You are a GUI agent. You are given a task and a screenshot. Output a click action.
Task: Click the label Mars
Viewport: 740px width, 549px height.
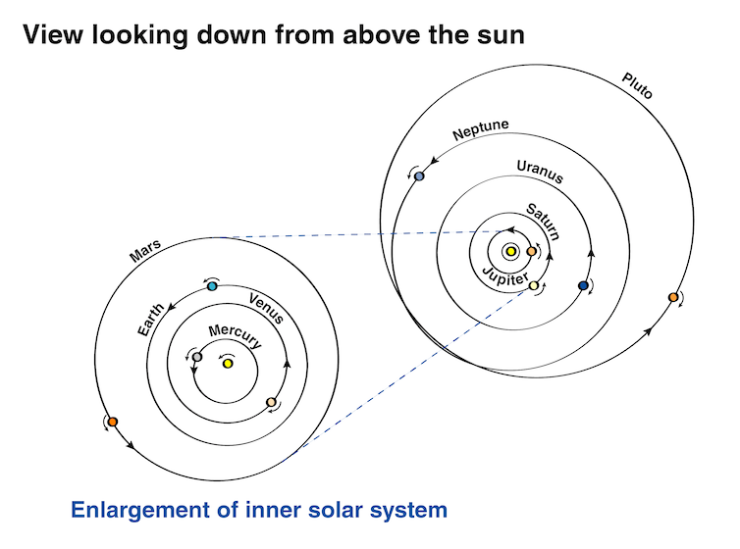point(144,252)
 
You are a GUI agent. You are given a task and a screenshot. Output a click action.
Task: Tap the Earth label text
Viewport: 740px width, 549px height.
point(150,321)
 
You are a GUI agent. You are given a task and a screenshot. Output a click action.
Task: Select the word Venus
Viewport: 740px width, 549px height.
point(266,309)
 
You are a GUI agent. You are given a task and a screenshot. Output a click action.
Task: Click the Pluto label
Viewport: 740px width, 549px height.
point(637,85)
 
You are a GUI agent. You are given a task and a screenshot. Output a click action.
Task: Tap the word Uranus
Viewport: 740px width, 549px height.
point(540,173)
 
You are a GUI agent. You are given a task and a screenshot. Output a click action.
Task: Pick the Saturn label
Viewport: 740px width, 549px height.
point(543,222)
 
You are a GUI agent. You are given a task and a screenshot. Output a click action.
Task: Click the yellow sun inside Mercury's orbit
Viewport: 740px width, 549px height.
point(228,364)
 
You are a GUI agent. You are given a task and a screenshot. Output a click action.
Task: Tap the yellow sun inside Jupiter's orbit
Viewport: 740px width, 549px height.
point(511,251)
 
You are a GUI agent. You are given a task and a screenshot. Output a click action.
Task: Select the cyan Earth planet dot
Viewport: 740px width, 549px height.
point(212,286)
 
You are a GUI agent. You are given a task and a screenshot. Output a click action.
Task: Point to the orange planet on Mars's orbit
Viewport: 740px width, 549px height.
point(113,422)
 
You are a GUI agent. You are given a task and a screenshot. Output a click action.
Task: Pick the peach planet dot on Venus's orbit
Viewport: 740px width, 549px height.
point(271,402)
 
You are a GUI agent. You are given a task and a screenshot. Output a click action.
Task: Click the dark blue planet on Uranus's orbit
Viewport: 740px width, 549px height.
point(583,285)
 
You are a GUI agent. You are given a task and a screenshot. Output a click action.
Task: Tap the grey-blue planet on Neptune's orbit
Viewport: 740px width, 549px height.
point(420,175)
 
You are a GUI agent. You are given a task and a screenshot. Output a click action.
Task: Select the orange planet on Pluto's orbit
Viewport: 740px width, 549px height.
point(672,297)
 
